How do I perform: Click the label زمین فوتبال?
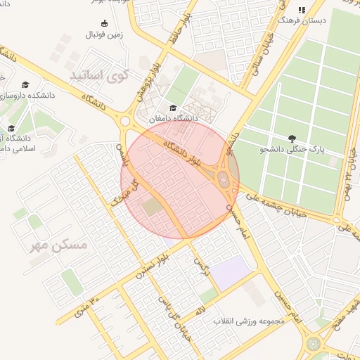point(104,34)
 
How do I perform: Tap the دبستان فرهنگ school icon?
point(301,11)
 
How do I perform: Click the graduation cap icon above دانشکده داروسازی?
point(26,84)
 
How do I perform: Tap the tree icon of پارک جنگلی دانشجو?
point(292,138)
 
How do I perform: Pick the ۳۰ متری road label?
point(83,307)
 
